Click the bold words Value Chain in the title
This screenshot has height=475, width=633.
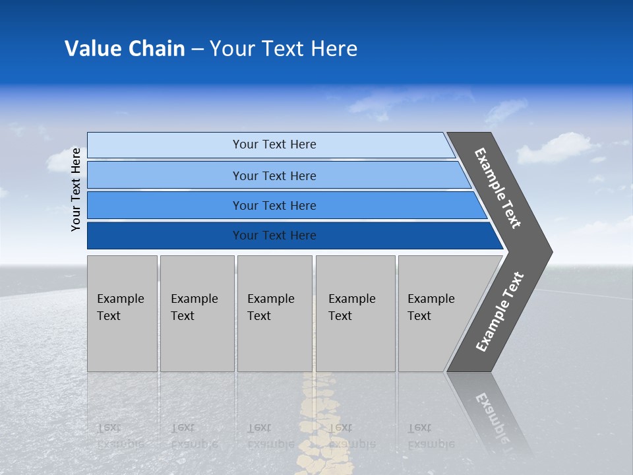125,49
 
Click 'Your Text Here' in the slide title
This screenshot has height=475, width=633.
284,49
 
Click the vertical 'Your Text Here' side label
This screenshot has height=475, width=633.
76,189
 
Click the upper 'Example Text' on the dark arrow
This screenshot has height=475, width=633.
498,188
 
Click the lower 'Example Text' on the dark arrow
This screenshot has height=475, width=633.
499,312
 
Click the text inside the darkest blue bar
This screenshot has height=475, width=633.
274,236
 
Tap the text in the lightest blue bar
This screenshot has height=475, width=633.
274,144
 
